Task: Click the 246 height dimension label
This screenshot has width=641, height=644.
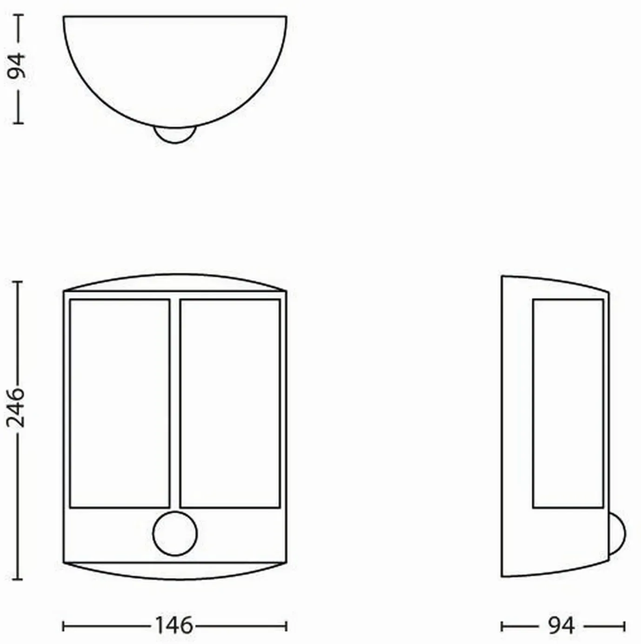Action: click(x=16, y=408)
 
